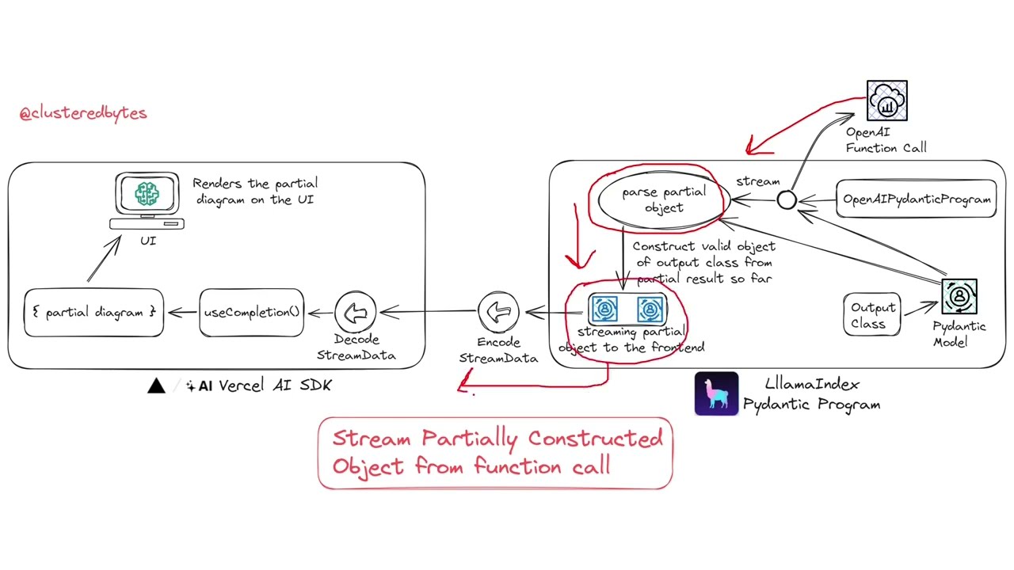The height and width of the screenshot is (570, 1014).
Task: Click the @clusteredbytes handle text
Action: (x=83, y=112)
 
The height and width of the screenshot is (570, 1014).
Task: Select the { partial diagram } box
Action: (x=93, y=313)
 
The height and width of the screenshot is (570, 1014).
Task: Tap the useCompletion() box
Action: (x=252, y=312)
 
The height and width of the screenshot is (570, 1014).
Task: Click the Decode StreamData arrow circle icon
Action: (x=356, y=313)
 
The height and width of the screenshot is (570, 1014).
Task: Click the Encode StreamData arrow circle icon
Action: (x=498, y=313)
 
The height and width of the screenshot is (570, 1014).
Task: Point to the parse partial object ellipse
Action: (x=663, y=199)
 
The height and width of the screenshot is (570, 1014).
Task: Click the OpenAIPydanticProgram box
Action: (x=917, y=199)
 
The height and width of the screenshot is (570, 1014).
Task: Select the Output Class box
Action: (x=872, y=315)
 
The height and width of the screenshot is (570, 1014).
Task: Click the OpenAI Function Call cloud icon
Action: (x=886, y=101)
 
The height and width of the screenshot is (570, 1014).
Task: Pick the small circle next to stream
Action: (x=787, y=200)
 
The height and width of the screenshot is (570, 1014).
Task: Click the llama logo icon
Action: (x=716, y=393)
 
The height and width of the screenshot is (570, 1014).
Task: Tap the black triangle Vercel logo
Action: (x=156, y=386)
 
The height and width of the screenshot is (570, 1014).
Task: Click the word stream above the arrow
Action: (x=757, y=181)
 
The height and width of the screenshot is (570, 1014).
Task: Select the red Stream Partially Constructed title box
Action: (x=495, y=453)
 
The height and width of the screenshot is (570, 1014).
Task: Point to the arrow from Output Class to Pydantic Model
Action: (x=920, y=309)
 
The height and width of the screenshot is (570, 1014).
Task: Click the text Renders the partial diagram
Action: (x=254, y=191)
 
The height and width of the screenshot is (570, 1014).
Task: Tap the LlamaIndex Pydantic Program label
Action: (x=811, y=393)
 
